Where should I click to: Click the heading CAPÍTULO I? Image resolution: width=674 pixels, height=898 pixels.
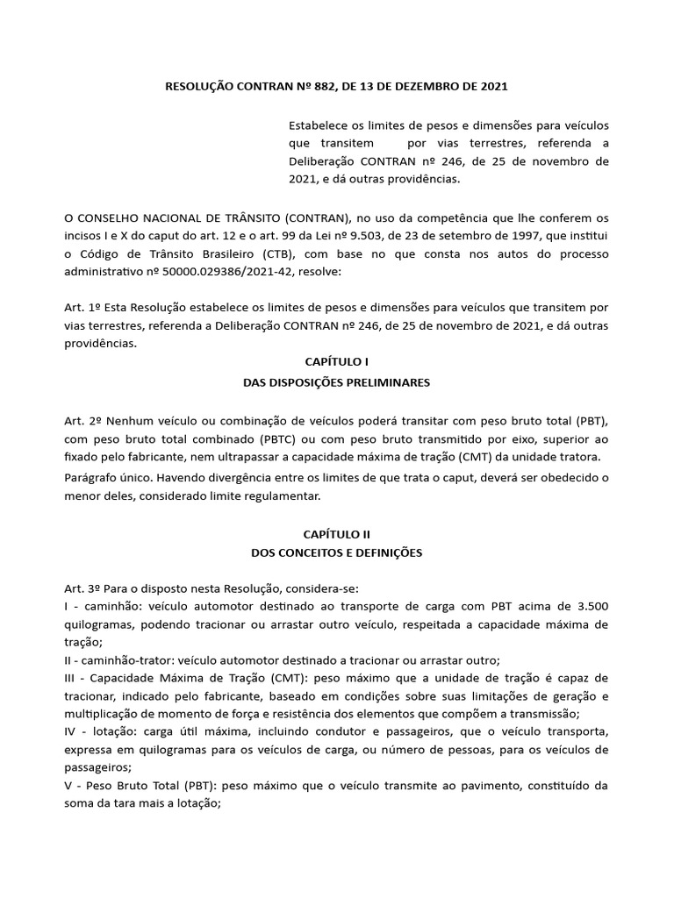pos(337,361)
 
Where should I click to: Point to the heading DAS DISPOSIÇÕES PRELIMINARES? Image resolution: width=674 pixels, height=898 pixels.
pos(337,382)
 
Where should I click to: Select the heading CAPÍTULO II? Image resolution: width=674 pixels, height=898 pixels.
pos(337,532)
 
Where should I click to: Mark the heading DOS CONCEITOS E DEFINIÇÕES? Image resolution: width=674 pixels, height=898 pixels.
pos(337,553)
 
